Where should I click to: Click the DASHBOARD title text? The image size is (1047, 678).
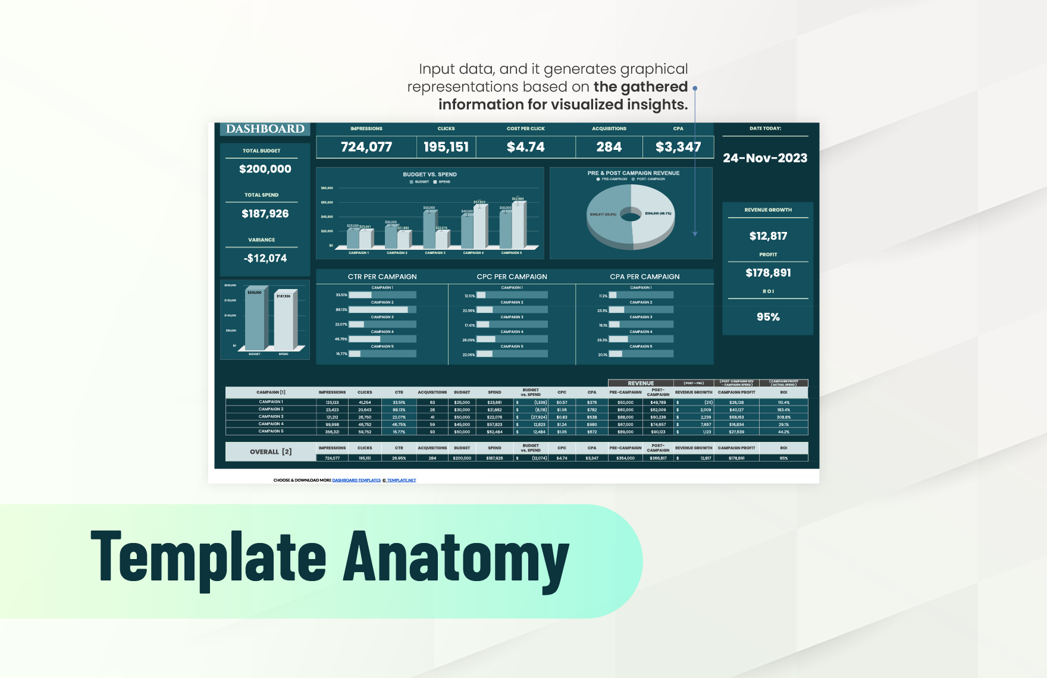[265, 129]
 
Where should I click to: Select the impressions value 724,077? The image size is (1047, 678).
[366, 147]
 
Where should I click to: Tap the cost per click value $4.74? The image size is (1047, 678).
[525, 147]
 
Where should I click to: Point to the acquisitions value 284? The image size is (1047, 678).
[609, 147]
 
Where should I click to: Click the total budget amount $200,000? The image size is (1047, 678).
[265, 169]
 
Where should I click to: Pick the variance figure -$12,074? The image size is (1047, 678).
[265, 258]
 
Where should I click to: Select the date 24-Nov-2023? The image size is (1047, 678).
[765, 158]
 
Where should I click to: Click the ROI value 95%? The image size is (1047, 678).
[768, 317]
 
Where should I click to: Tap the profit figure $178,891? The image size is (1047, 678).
[768, 273]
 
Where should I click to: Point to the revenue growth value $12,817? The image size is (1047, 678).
[768, 236]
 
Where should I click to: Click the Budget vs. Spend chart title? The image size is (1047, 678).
[430, 174]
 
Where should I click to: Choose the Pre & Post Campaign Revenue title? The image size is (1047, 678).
[633, 173]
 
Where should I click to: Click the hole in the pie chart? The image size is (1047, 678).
[631, 214]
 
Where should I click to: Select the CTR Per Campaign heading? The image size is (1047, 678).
[382, 277]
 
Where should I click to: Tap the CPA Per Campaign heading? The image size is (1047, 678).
[644, 277]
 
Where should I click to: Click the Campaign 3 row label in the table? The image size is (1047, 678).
[271, 416]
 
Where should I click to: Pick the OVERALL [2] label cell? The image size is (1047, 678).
[271, 452]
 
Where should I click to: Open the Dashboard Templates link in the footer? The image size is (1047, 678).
[356, 480]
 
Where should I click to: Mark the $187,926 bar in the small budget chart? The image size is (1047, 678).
[284, 321]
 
